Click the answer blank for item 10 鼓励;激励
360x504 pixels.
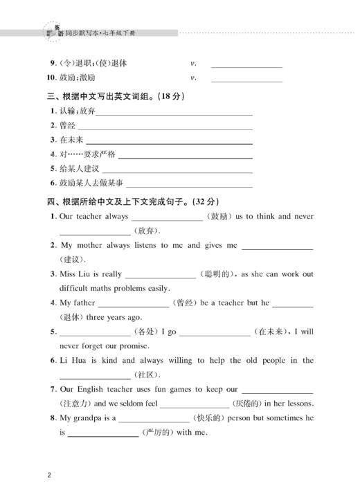coord(246,80)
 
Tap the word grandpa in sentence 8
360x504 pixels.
coord(89,418)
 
